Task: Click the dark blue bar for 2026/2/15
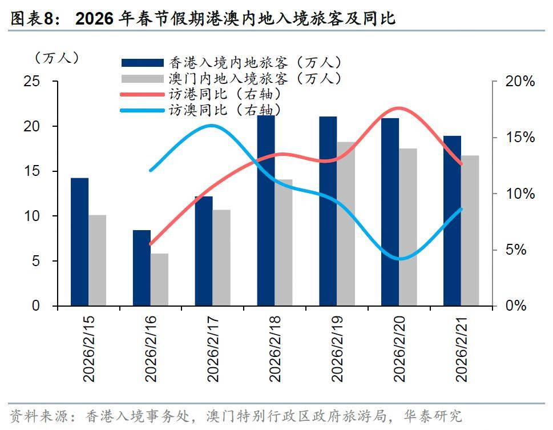(80, 242)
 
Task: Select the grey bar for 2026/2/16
(160, 280)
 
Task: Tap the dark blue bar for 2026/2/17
(204, 251)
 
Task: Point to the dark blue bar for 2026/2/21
(453, 221)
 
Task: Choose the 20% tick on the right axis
(520, 82)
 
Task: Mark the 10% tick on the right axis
(520, 194)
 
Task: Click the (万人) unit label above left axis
(57, 58)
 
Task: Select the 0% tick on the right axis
(516, 307)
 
